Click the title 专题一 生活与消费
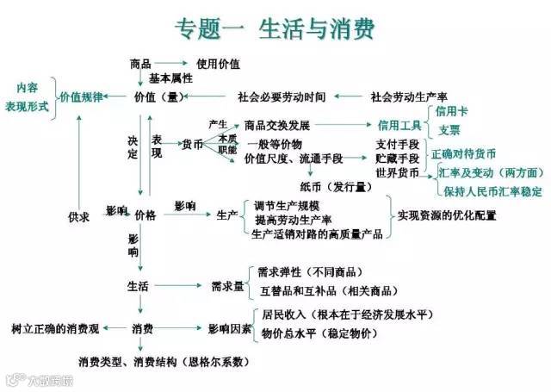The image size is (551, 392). pyautogui.click(x=275, y=28)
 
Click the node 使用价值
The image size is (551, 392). pyautogui.click(x=218, y=64)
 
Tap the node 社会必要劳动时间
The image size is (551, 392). pyautogui.click(x=282, y=96)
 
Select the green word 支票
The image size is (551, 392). pyautogui.click(x=449, y=130)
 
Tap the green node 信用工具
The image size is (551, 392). pyautogui.click(x=396, y=125)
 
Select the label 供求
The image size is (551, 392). pyautogui.click(x=79, y=215)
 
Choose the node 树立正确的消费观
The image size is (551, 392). pyautogui.click(x=55, y=329)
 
